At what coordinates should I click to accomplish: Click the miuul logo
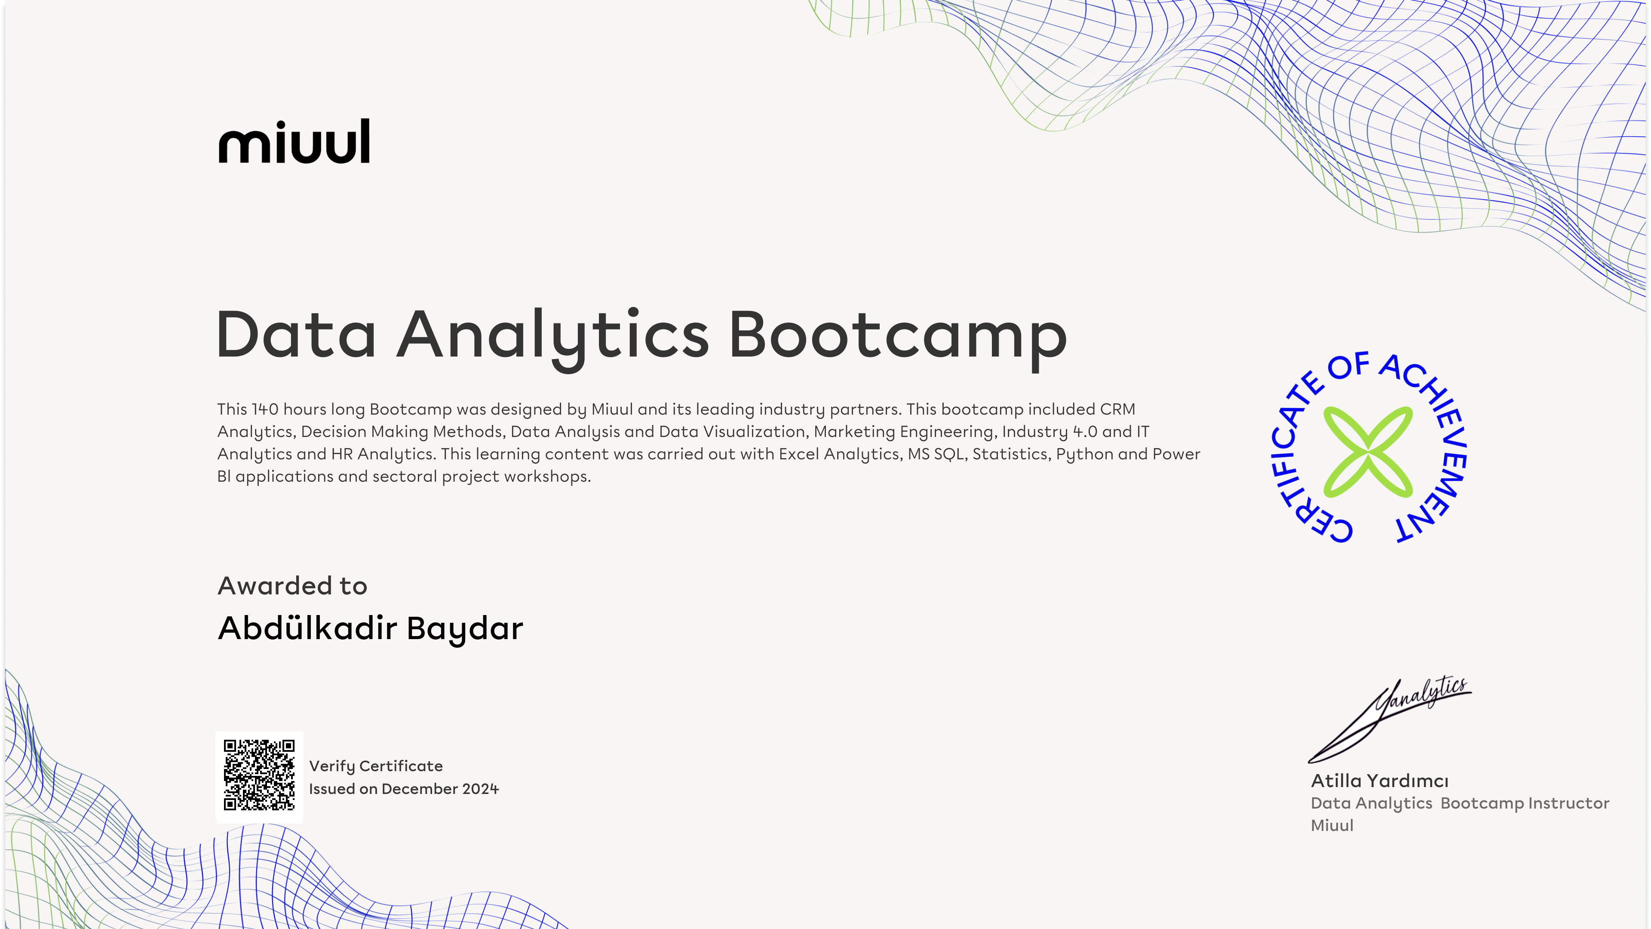294,141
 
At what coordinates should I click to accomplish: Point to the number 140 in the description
265,409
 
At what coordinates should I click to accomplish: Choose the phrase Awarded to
292,585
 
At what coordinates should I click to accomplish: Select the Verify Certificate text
376,766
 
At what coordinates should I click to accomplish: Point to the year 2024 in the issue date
481,789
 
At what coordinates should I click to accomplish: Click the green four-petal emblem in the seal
1368,452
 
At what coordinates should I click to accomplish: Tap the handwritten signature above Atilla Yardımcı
1390,720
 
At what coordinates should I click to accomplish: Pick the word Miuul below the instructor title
1332,826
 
